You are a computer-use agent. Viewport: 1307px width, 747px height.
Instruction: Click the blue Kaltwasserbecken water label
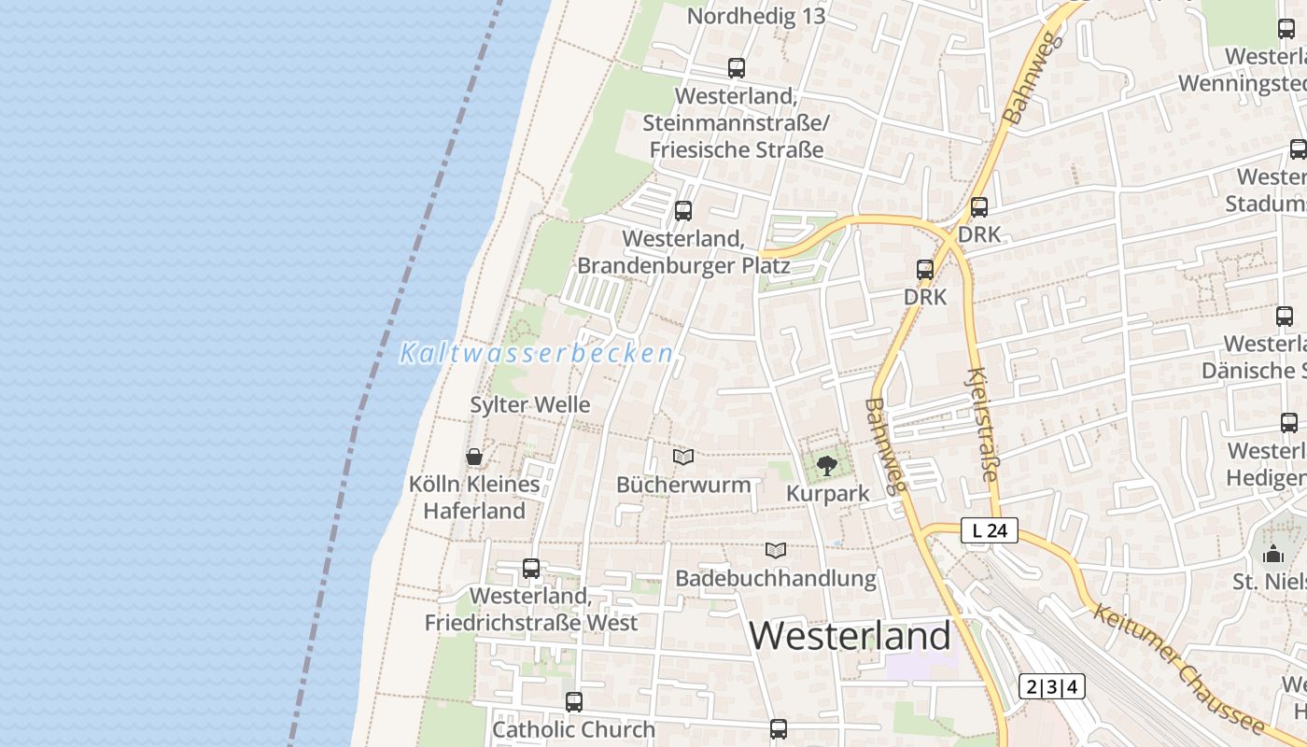[x=537, y=354]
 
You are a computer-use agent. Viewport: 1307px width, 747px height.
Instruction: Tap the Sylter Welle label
[x=530, y=405]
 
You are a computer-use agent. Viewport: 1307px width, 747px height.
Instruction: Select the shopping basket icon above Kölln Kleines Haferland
[x=474, y=457]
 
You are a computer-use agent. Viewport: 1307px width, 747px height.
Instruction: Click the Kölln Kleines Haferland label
[x=474, y=498]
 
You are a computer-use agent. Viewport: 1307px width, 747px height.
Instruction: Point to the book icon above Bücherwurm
[x=683, y=457]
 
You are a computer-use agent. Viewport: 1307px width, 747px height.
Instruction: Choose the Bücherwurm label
[x=683, y=485]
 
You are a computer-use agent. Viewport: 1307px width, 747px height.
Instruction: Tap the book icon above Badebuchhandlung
[x=776, y=550]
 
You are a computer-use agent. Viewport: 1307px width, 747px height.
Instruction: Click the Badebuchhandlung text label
[x=776, y=579]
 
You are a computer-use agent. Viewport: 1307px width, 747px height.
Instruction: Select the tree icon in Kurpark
[x=827, y=465]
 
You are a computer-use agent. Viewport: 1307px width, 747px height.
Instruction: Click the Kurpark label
[x=828, y=494]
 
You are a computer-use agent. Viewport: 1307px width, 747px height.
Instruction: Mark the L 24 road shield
[x=990, y=530]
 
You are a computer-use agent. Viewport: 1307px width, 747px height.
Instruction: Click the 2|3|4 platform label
[x=1052, y=686]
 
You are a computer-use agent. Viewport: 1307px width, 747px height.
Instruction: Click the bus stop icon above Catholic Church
[x=574, y=701]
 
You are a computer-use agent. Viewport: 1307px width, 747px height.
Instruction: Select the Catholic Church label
[x=573, y=729]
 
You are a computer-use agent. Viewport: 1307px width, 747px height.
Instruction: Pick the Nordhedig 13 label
[x=756, y=17]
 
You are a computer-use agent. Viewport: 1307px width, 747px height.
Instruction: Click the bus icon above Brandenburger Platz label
[x=683, y=211]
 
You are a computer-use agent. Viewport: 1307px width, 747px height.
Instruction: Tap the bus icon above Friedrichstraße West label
[x=531, y=568]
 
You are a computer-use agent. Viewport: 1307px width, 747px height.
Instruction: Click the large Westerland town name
[x=850, y=636]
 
